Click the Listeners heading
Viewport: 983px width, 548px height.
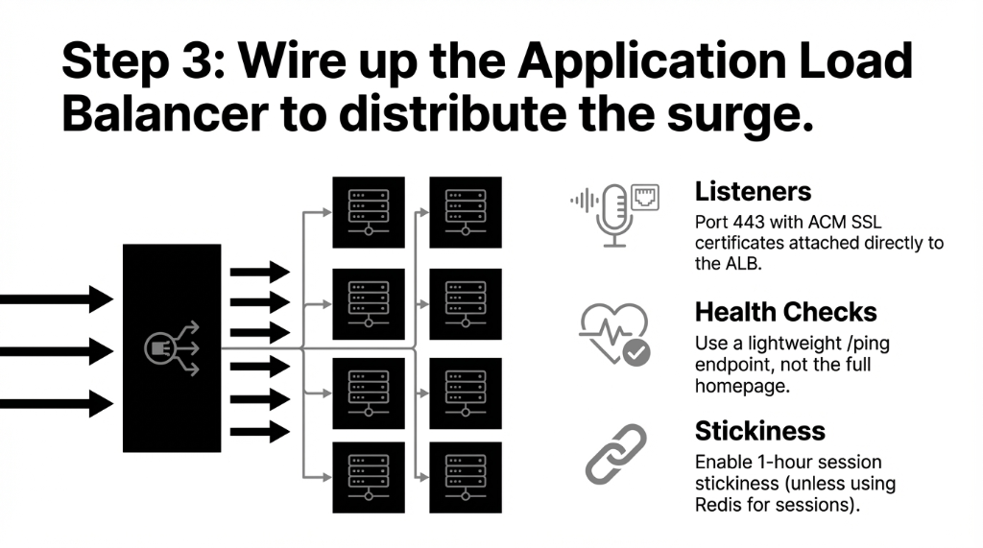pos(753,191)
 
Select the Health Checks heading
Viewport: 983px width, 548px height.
pos(785,312)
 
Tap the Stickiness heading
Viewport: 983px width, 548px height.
pos(759,430)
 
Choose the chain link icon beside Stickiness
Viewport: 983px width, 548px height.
pos(615,454)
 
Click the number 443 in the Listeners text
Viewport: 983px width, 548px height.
pos(748,220)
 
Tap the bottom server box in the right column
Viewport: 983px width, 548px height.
pos(465,477)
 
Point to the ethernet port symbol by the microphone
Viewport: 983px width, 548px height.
pos(644,197)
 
